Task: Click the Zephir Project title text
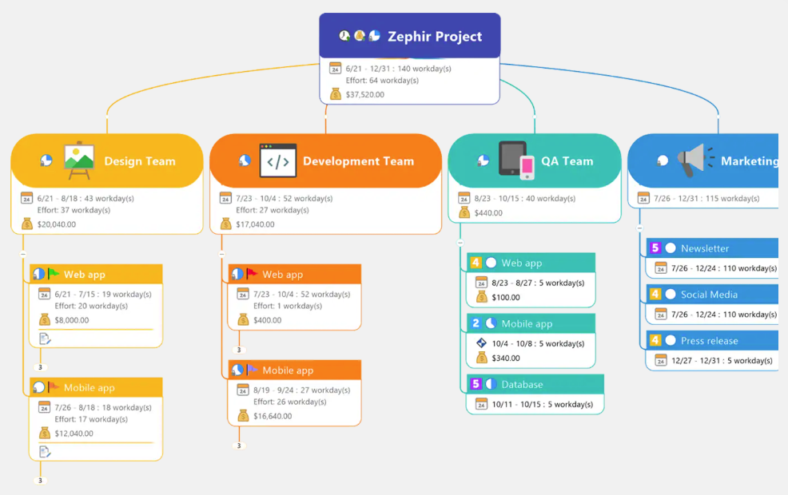click(x=435, y=36)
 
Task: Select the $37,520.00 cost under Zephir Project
click(x=364, y=94)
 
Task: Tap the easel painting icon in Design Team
click(x=79, y=160)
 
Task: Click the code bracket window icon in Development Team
click(x=277, y=160)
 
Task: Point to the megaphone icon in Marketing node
click(x=690, y=160)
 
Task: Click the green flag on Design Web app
click(x=54, y=274)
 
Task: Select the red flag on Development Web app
click(x=252, y=274)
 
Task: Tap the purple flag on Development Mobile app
click(x=252, y=370)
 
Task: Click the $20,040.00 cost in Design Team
click(x=57, y=224)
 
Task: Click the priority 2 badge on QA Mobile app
click(x=476, y=323)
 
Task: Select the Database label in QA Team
click(x=522, y=384)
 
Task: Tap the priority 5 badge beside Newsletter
click(x=655, y=248)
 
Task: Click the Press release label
click(x=709, y=341)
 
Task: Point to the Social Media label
click(x=709, y=295)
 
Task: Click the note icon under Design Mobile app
click(x=45, y=452)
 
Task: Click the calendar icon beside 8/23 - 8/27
click(x=481, y=283)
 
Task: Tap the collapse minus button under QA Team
click(x=460, y=243)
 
